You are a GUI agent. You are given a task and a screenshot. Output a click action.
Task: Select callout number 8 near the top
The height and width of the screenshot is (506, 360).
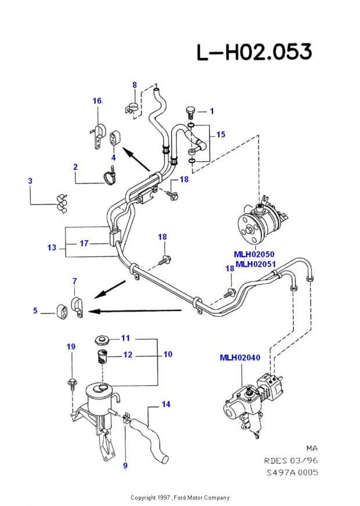point(135,85)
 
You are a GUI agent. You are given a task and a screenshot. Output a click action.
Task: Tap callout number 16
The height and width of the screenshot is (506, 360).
point(97,101)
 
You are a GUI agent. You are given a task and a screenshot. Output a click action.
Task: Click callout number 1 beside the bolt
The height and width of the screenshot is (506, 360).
point(212,111)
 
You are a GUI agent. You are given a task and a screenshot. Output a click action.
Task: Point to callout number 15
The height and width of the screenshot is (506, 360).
point(221,135)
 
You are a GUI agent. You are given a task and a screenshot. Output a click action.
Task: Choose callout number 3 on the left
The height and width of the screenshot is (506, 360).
point(30,181)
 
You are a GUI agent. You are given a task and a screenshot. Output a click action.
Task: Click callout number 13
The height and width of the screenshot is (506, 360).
point(52,248)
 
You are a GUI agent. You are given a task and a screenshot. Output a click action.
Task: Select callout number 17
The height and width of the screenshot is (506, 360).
point(84,243)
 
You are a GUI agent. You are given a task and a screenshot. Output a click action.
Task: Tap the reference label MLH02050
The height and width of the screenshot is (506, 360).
point(254,254)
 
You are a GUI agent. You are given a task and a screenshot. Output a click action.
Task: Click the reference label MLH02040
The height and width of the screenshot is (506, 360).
point(239,357)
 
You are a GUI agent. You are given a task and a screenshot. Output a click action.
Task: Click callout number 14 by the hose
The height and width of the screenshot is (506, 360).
point(166,404)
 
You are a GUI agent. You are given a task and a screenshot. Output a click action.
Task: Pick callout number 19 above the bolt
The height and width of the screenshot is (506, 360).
point(71,347)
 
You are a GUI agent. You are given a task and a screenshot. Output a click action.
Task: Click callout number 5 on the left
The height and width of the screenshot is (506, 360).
point(35,311)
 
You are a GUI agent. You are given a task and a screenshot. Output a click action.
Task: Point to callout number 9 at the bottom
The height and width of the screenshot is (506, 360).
point(125,465)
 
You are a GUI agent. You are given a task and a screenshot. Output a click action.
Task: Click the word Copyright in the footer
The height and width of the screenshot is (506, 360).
point(142,498)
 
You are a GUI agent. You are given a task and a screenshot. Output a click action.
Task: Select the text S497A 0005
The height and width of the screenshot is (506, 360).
point(292,472)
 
